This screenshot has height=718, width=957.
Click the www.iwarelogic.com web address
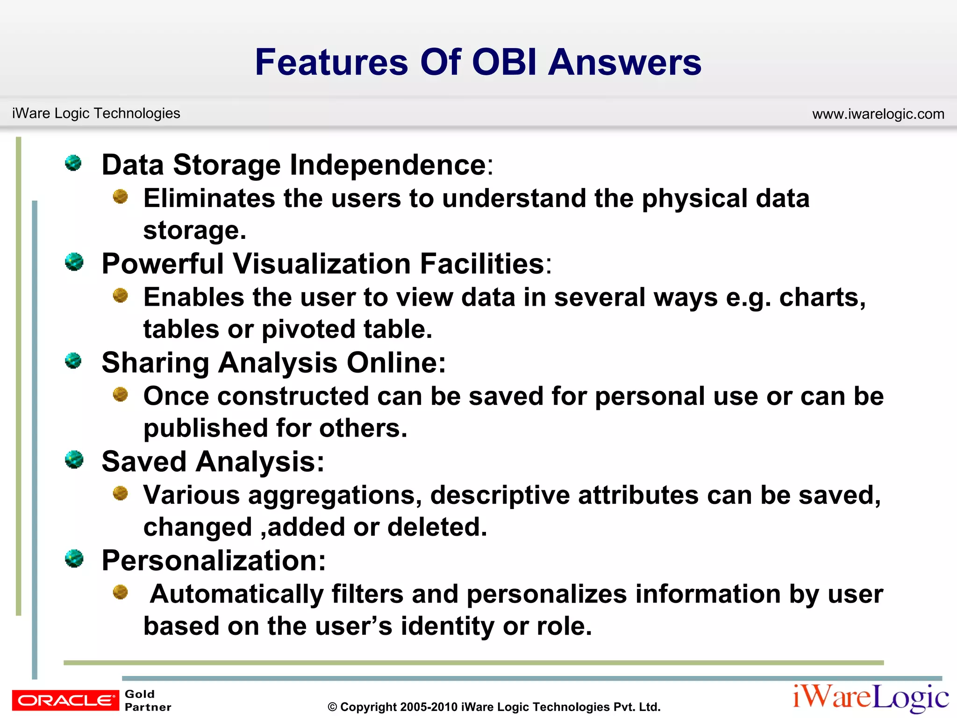pyautogui.click(x=878, y=114)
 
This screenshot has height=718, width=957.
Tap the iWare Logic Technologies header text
pyautogui.click(x=96, y=113)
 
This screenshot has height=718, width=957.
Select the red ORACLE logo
pyautogui.click(x=65, y=700)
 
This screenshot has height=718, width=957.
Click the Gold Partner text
pyautogui.click(x=147, y=700)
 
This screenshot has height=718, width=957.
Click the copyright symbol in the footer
pyautogui.click(x=332, y=707)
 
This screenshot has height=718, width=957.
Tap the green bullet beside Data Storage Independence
pyautogui.click(x=73, y=163)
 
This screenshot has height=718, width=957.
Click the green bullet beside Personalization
pyautogui.click(x=74, y=559)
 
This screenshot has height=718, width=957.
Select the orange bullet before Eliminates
pyautogui.click(x=121, y=196)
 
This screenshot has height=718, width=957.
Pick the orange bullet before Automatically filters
pyautogui.click(x=121, y=592)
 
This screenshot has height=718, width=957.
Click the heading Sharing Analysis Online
pyautogui.click(x=274, y=363)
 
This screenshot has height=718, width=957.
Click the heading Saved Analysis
pyautogui.click(x=213, y=462)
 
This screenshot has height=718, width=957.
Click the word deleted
pyautogui.click(x=436, y=527)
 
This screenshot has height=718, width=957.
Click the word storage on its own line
pyautogui.click(x=194, y=230)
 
